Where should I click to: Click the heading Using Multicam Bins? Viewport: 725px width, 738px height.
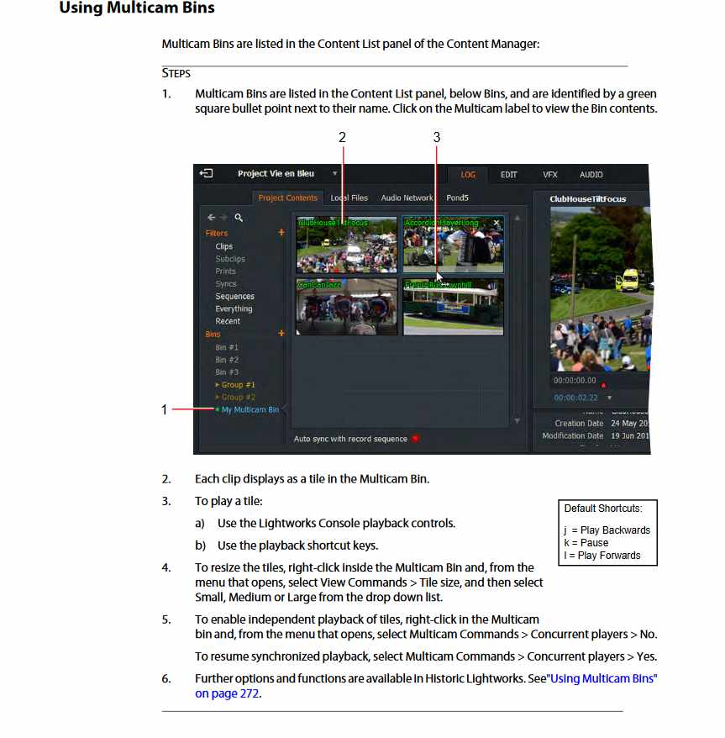[136, 8]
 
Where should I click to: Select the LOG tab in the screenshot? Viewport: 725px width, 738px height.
[468, 175]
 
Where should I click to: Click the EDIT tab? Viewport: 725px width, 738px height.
[508, 175]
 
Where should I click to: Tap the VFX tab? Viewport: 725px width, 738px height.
[549, 175]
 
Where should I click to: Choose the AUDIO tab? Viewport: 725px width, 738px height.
[591, 175]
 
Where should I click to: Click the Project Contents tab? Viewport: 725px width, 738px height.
[288, 198]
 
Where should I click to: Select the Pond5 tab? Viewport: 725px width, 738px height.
[458, 198]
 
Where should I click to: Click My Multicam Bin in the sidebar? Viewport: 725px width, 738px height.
[250, 410]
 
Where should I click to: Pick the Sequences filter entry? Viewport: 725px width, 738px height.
[234, 297]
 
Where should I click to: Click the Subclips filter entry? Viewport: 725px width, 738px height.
[230, 259]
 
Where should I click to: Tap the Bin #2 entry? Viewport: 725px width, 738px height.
[227, 360]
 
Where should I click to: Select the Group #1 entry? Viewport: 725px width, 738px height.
[238, 385]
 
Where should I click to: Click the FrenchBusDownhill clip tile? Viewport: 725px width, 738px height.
[453, 307]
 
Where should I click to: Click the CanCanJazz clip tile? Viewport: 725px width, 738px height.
[346, 307]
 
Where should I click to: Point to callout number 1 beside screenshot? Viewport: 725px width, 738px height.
[165, 410]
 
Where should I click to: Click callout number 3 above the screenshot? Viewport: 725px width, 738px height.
[436, 137]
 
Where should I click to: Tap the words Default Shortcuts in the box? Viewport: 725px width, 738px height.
[603, 509]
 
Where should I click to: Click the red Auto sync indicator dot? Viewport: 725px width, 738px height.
[415, 439]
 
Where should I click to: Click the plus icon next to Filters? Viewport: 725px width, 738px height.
[281, 233]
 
